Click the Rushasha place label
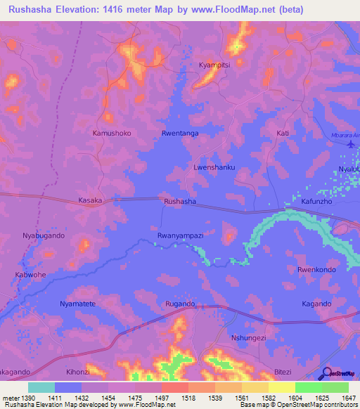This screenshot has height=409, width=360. click(179, 201)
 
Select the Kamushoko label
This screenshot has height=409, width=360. click(112, 133)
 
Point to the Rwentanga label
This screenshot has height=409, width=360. click(180, 133)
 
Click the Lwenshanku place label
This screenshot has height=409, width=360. click(214, 168)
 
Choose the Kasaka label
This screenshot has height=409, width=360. click(90, 200)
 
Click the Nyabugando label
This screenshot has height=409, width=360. click(44, 235)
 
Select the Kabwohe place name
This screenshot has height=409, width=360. click(30, 274)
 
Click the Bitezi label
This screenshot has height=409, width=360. click(281, 371)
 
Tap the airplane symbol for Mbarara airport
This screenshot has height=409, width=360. click(351, 143)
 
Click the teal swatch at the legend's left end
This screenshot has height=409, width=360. click(41, 387)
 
